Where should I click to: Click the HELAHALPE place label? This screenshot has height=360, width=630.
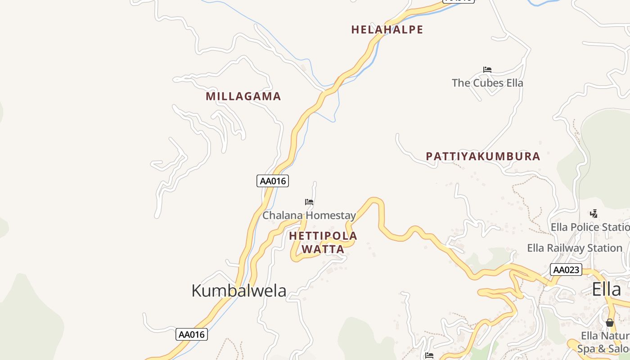pyautogui.click(x=387, y=30)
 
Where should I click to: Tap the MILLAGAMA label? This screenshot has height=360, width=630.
pyautogui.click(x=243, y=96)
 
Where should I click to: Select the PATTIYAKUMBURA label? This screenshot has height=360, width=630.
pyautogui.click(x=483, y=157)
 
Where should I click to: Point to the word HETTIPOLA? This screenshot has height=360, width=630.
pyautogui.click(x=323, y=236)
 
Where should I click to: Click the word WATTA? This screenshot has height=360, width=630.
pyautogui.click(x=323, y=249)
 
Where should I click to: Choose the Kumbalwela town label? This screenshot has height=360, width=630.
pyautogui.click(x=238, y=291)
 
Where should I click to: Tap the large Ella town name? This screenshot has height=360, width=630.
pyautogui.click(x=606, y=289)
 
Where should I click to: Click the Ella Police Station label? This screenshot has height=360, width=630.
pyautogui.click(x=589, y=227)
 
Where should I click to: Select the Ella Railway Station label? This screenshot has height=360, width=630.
pyautogui.click(x=575, y=248)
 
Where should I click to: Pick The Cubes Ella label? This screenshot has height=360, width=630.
pyautogui.click(x=487, y=83)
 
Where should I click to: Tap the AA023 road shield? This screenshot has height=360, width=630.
pyautogui.click(x=566, y=270)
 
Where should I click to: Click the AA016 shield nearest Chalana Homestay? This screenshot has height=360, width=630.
pyautogui.click(x=273, y=181)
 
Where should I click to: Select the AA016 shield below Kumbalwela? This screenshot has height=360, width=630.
pyautogui.click(x=192, y=334)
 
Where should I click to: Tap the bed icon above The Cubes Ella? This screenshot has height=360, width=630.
pyautogui.click(x=487, y=70)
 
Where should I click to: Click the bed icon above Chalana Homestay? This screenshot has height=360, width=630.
pyautogui.click(x=309, y=202)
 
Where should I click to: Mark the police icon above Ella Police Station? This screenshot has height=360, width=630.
pyautogui.click(x=594, y=213)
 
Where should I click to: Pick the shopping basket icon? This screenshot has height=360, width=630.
pyautogui.click(x=609, y=323)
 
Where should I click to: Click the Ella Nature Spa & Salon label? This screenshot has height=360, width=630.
pyautogui.click(x=603, y=342)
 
